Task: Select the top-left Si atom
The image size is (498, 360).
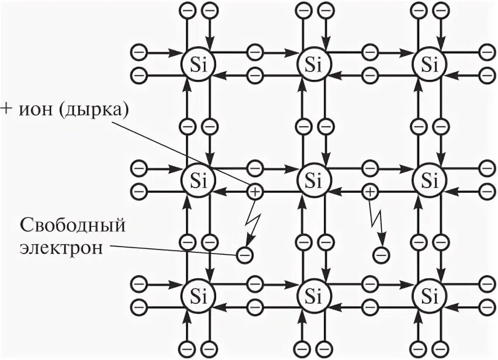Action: click(x=197, y=62)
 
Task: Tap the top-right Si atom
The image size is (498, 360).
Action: click(x=430, y=62)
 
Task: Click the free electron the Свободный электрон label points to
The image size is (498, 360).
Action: click(x=244, y=254)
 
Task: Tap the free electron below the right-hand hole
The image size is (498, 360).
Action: click(x=381, y=254)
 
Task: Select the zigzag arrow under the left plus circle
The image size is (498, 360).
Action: click(x=252, y=222)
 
